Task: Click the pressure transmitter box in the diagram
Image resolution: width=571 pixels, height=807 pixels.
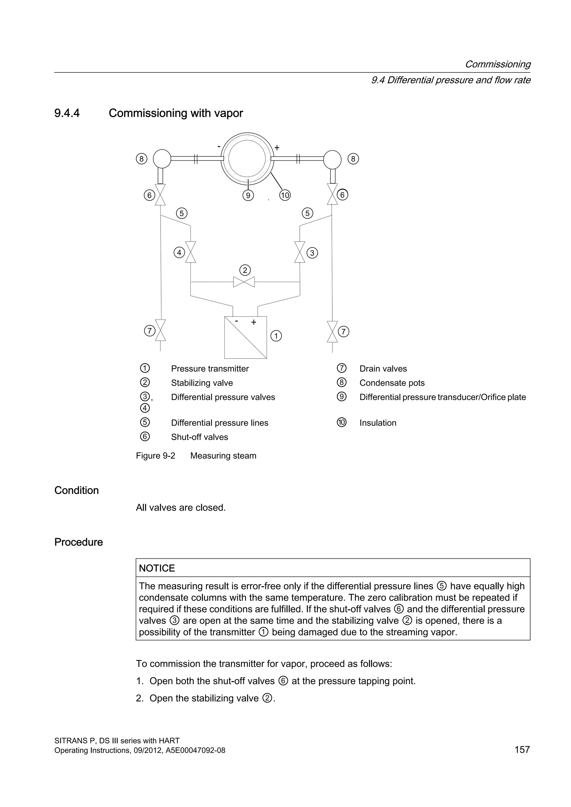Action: [x=245, y=337]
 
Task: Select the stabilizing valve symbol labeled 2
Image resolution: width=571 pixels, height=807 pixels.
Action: [x=244, y=282]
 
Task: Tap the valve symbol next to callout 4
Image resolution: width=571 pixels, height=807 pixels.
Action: [x=191, y=252]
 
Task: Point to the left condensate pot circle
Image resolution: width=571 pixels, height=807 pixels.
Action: [x=162, y=159]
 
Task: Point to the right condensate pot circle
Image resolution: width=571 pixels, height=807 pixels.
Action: [x=332, y=159]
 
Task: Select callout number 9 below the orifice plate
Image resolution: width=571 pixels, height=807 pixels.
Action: [x=248, y=195]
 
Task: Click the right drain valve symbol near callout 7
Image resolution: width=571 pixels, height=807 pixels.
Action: [x=332, y=331]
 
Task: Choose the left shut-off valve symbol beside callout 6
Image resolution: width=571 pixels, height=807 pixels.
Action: [x=160, y=195]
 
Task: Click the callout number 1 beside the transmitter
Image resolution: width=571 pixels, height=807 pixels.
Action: [x=276, y=336]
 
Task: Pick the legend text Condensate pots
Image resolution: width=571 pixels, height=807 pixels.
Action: [x=392, y=383]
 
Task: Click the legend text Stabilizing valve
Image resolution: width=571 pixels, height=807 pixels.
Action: [x=202, y=383]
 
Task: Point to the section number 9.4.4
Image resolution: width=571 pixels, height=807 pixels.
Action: [x=67, y=113]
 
